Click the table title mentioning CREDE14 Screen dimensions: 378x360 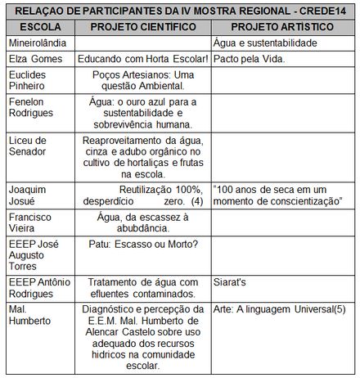point(180,11)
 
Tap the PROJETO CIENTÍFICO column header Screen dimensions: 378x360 point(144,26)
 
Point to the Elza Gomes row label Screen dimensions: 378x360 point(32,59)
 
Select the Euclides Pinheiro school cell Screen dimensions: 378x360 point(28,81)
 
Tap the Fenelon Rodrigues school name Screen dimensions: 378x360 point(29,110)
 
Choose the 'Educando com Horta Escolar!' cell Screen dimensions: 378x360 point(144,59)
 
